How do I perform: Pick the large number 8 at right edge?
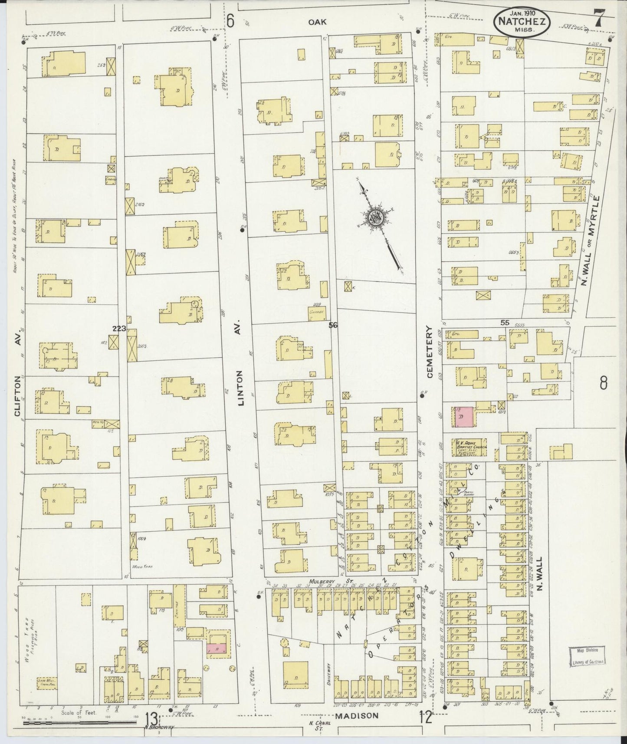click(603, 383)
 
